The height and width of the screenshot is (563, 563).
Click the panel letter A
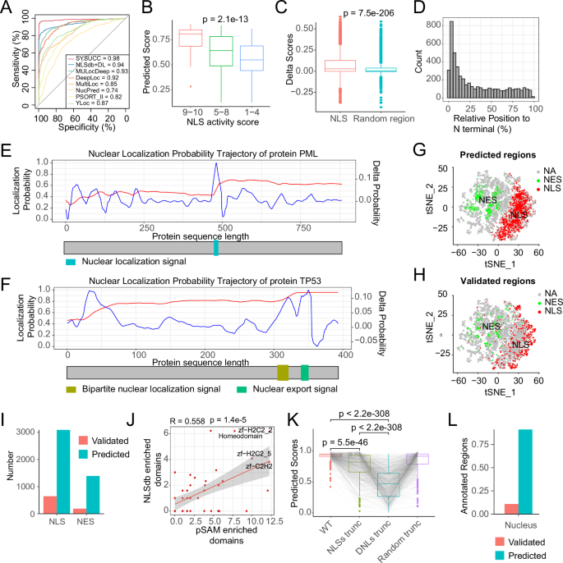pos(7,9)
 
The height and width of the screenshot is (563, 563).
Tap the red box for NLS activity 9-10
pos(190,39)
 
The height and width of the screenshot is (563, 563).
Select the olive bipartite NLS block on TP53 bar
pos(283,350)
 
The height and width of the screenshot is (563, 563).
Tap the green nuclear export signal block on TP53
pos(305,350)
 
